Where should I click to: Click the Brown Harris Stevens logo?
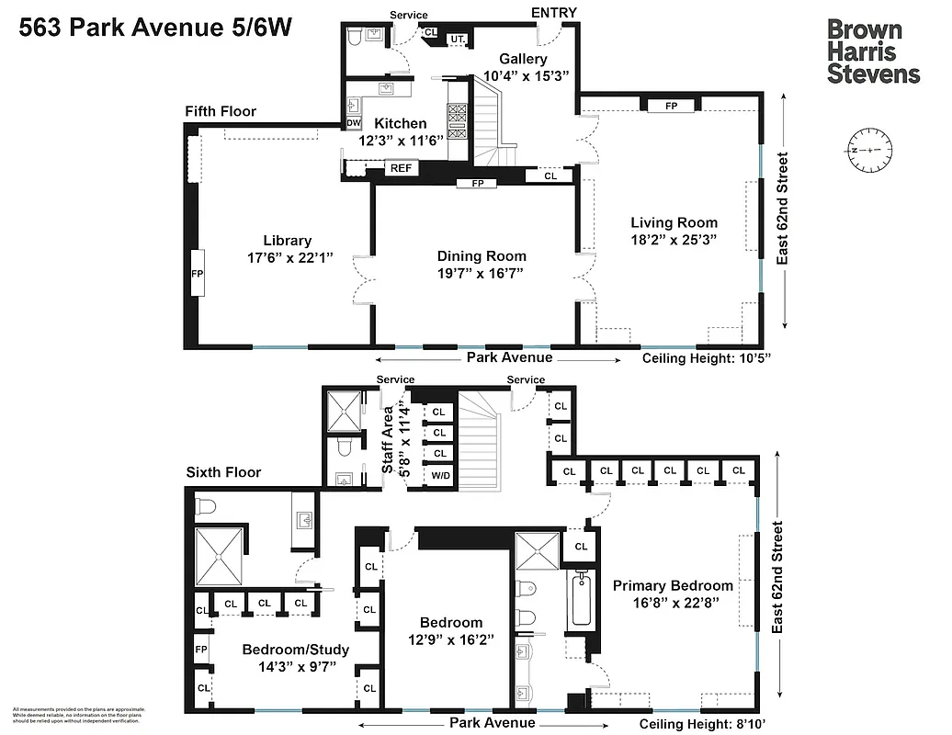click(872, 51)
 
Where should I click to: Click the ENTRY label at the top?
click(554, 12)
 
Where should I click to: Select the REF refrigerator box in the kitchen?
click(401, 168)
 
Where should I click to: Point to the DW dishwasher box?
click(354, 123)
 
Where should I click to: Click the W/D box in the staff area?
click(441, 476)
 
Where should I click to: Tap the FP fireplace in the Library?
click(197, 273)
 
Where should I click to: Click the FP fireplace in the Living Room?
click(671, 106)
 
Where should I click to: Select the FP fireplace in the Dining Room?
click(477, 183)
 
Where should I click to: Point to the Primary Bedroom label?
click(673, 585)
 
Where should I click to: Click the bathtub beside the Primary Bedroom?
click(581, 598)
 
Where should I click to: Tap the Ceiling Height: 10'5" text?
click(705, 358)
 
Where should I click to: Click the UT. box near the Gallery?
click(457, 39)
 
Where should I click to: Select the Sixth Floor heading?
click(223, 472)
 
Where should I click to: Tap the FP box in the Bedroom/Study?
click(201, 649)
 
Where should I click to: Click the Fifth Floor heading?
click(221, 111)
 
